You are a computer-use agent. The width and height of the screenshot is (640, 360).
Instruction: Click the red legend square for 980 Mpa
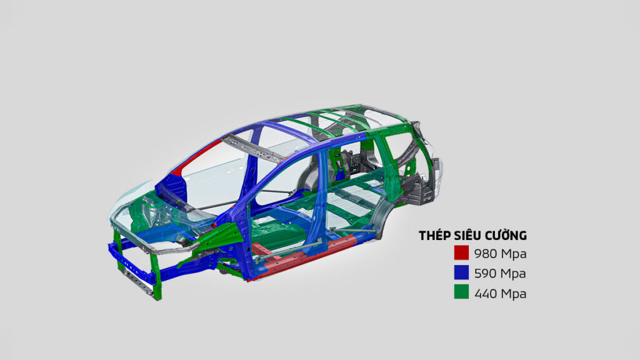461,252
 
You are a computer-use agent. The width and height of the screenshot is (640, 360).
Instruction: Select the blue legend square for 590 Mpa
461,272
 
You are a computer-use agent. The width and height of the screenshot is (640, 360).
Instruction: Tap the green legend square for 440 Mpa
461,292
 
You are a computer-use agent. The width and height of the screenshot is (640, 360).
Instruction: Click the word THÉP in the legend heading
432,235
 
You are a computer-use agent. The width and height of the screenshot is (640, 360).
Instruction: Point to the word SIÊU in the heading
461,235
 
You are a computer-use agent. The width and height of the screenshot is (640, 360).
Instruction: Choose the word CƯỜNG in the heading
501,235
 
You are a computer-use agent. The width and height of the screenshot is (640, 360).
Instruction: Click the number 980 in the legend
486,254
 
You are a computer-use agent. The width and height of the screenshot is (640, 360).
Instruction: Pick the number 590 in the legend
486,273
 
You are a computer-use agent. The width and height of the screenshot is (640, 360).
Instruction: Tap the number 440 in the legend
486,293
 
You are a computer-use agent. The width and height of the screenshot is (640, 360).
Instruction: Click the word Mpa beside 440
514,294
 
